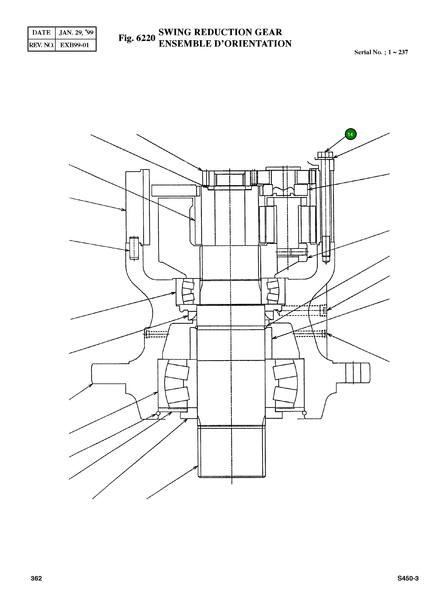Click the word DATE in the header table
[x=41, y=33]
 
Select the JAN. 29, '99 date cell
[x=76, y=33]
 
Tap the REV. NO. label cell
[x=41, y=45]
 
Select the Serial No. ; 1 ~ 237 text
[x=381, y=52]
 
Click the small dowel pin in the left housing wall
[x=134, y=248]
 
